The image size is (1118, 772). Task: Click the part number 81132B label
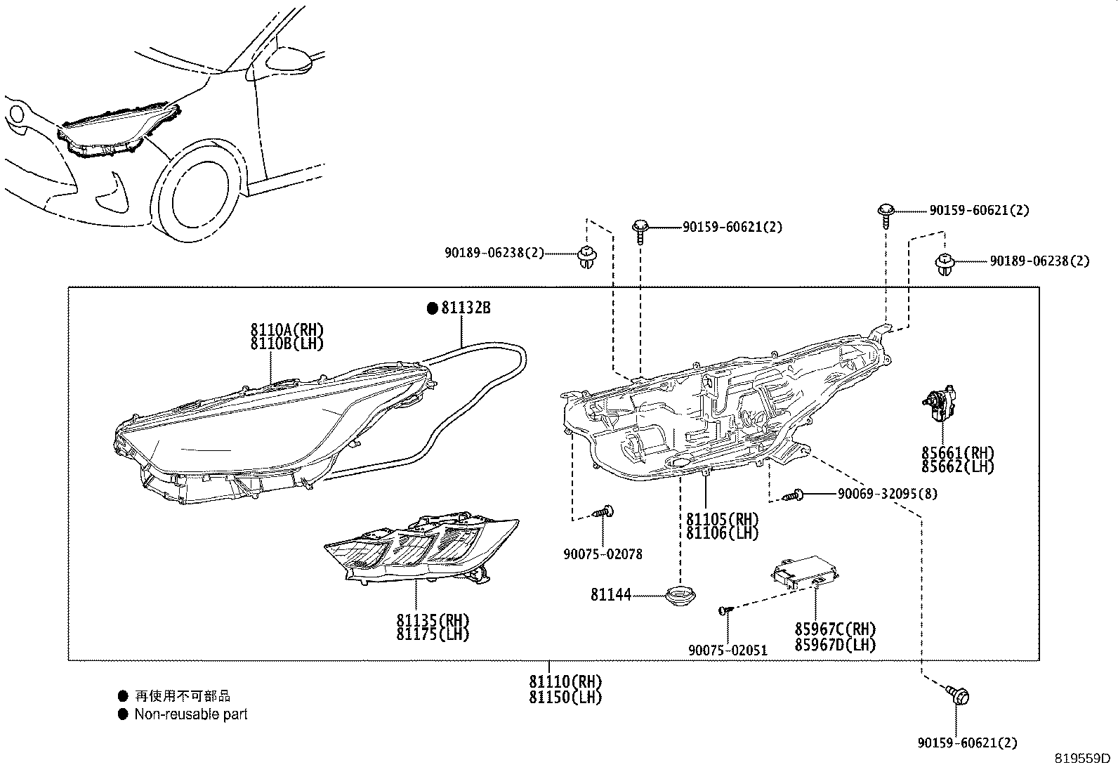[x=466, y=308]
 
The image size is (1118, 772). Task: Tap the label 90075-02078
[x=603, y=554]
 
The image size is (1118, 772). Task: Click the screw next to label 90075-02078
[x=603, y=511]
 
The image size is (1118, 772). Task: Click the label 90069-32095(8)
[x=887, y=494]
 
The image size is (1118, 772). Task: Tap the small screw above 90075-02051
[x=725, y=610]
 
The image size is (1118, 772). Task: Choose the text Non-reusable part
[x=191, y=714]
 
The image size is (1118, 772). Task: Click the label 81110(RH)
[x=565, y=681]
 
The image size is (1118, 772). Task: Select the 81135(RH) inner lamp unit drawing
[x=421, y=548]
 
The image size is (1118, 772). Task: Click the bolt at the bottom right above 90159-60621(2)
[x=958, y=695]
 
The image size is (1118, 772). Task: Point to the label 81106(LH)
[x=722, y=533]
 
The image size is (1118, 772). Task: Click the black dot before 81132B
[x=433, y=308]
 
